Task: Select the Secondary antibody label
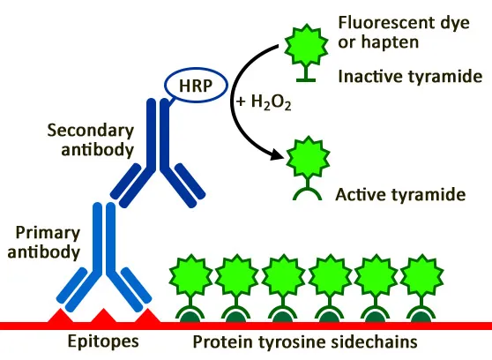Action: (x=89, y=139)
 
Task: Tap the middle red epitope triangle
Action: (x=104, y=316)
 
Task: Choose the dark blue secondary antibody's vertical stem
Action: (x=156, y=132)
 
